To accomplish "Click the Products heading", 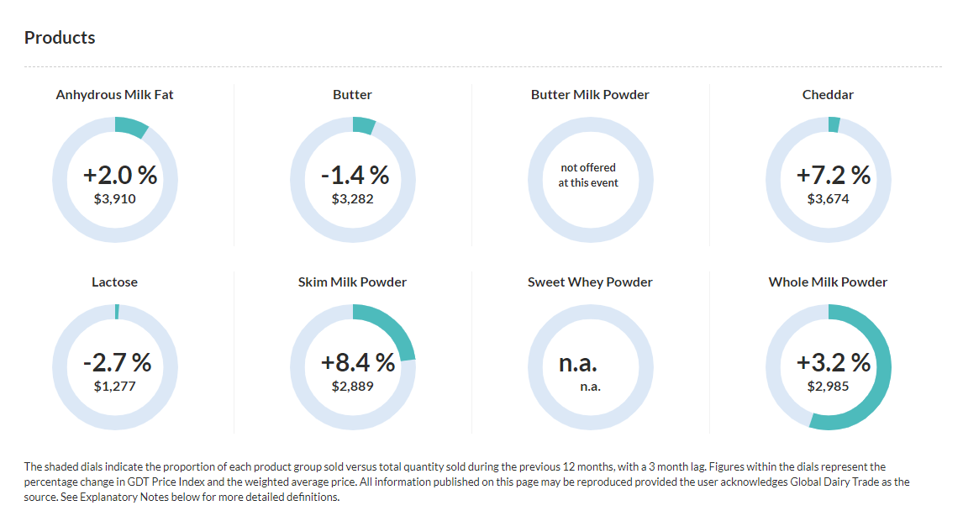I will (60, 38).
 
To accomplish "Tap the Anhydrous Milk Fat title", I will (115, 95).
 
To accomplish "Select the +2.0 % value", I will (120, 176).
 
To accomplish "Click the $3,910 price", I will (115, 199).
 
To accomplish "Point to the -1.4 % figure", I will (355, 176).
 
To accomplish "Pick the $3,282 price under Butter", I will (353, 199).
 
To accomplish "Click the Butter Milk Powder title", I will (590, 95).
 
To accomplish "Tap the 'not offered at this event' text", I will (588, 175).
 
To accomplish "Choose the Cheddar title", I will (828, 95).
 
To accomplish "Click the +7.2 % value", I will (833, 176).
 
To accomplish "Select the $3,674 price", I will (829, 199).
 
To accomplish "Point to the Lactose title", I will (115, 282).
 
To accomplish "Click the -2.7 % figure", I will (118, 363).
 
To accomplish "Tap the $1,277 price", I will (115, 387).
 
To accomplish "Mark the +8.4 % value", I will (358, 363).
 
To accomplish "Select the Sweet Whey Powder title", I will (590, 282).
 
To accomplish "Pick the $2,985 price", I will (829, 387).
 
